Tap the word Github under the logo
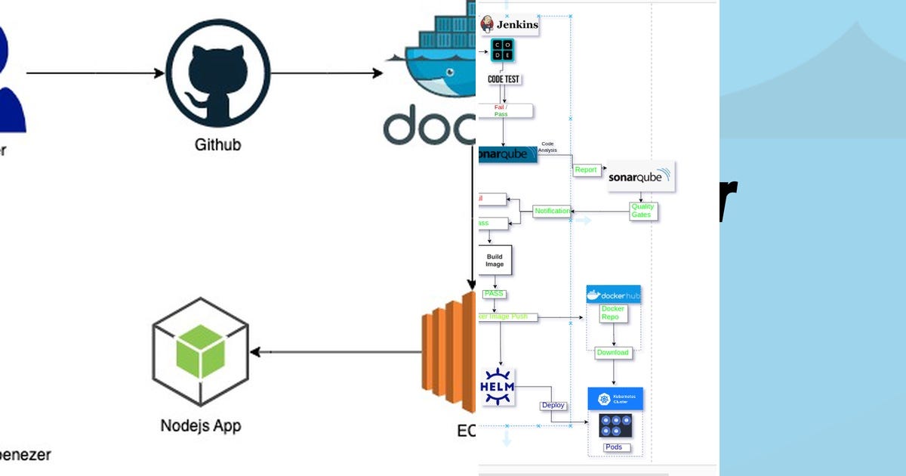pyautogui.click(x=217, y=144)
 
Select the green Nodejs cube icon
pyautogui.click(x=200, y=352)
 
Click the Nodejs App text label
pyautogui.click(x=200, y=425)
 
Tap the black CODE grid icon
pyautogui.click(x=503, y=51)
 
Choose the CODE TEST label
pyautogui.click(x=504, y=79)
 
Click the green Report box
pyautogui.click(x=586, y=170)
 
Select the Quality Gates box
pyautogui.click(x=643, y=211)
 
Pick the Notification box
pyautogui.click(x=552, y=211)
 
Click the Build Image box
pyautogui.click(x=495, y=261)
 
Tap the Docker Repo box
pyautogui.click(x=612, y=313)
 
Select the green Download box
pyautogui.click(x=612, y=352)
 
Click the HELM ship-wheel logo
pyautogui.click(x=498, y=388)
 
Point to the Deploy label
pyautogui.click(x=553, y=406)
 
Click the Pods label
pyautogui.click(x=615, y=447)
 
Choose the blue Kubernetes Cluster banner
pyautogui.click(x=615, y=399)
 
